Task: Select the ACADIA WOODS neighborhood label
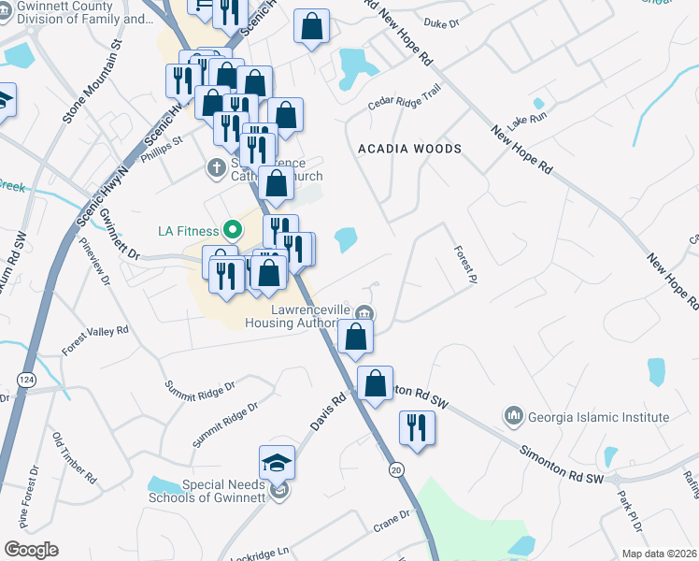point(410,149)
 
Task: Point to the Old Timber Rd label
point(75,457)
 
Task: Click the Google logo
point(31,549)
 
